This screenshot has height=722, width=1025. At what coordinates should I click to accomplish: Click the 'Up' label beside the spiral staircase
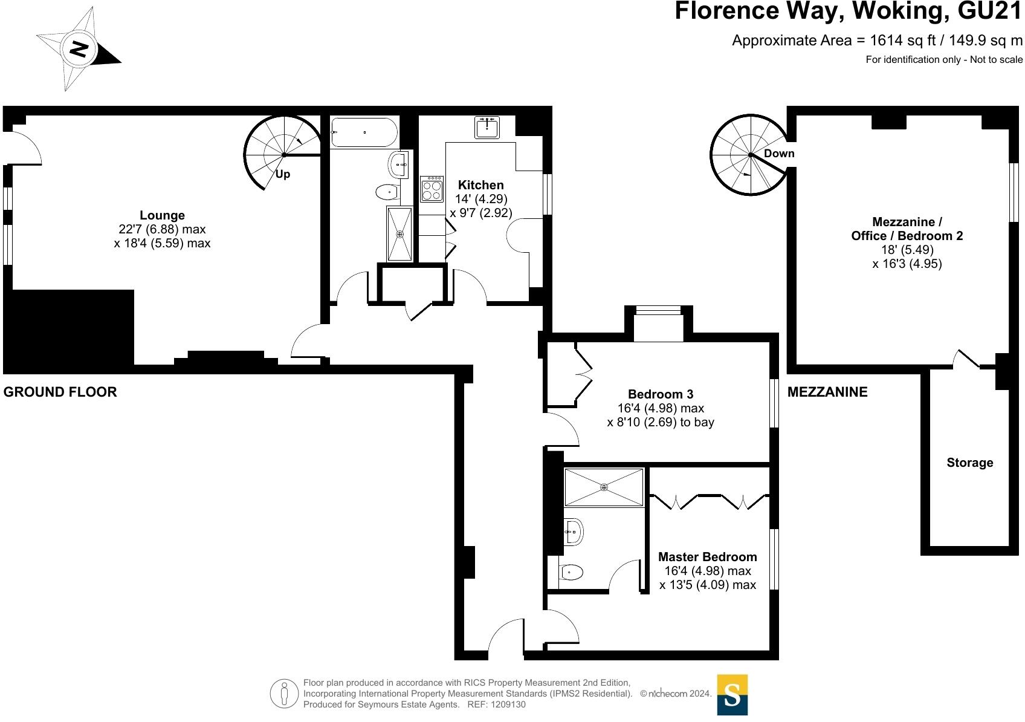tap(283, 174)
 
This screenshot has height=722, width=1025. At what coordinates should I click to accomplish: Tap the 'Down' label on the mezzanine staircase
tap(778, 154)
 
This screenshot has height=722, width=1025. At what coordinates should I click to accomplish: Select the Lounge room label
tap(162, 215)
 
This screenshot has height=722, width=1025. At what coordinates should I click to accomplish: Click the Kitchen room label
tap(480, 185)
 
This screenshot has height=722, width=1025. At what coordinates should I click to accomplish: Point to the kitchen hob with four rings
tap(432, 189)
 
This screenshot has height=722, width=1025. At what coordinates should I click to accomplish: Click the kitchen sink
tap(487, 128)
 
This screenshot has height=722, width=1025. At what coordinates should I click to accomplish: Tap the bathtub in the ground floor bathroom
tap(364, 132)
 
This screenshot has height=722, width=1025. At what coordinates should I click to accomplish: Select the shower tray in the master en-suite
tap(604, 487)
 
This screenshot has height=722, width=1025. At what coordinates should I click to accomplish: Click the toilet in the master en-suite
tap(571, 572)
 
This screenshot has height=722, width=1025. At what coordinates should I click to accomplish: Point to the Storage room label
tap(969, 463)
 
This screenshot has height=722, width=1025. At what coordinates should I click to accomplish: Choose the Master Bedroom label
tap(707, 557)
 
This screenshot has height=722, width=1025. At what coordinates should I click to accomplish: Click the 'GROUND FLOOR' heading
tap(60, 392)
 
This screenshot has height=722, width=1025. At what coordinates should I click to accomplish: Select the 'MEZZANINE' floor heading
tap(827, 392)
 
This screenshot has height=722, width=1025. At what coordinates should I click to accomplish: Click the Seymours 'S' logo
tap(732, 695)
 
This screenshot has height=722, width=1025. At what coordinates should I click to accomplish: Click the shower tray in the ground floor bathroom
tap(399, 233)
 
